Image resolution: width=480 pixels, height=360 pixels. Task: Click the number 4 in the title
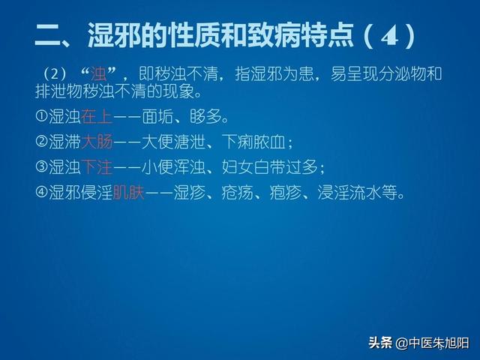[x=390, y=37]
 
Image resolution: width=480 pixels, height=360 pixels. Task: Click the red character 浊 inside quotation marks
[x=98, y=73]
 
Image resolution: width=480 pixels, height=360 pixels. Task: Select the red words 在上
[x=97, y=117]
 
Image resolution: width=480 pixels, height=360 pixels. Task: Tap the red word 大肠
[x=97, y=142]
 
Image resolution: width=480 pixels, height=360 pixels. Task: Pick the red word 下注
[x=97, y=167]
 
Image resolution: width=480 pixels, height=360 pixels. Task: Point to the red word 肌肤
[x=128, y=193]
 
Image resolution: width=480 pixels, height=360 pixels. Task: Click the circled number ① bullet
[x=41, y=116]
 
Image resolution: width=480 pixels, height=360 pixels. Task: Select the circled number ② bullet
[x=41, y=141]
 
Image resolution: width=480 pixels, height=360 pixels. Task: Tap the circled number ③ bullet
[x=41, y=166]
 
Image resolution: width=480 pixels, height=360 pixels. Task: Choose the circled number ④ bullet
[x=41, y=192]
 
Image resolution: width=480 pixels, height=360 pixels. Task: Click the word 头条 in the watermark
[x=380, y=343]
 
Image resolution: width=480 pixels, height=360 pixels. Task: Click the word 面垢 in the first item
[x=157, y=117]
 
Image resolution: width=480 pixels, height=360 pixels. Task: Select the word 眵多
[x=205, y=117]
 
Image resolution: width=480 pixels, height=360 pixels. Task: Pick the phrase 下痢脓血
[x=253, y=142]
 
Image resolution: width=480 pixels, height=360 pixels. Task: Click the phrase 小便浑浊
[x=173, y=167]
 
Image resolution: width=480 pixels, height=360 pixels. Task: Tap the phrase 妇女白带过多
[x=269, y=167]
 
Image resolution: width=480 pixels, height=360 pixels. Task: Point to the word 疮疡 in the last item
[x=237, y=193]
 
